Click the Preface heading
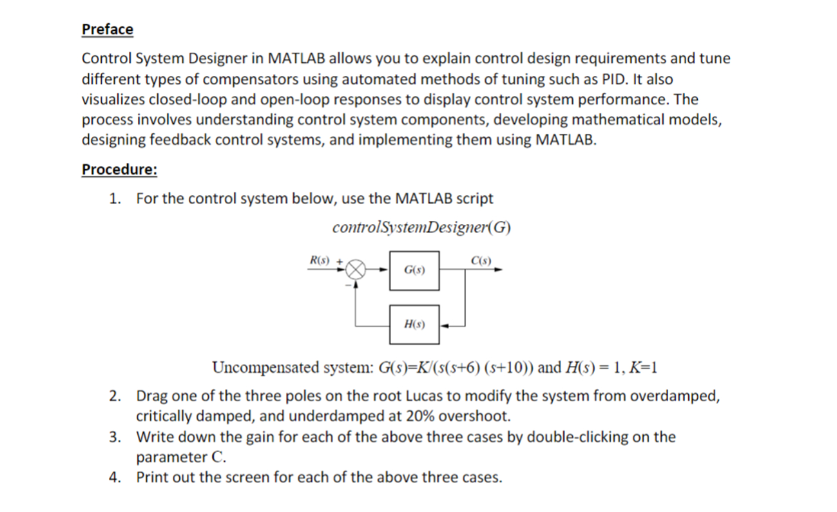point(108,29)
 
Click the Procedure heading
point(119,169)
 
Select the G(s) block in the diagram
point(414,269)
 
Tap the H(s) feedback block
point(414,324)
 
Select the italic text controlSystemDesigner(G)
point(422,228)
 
